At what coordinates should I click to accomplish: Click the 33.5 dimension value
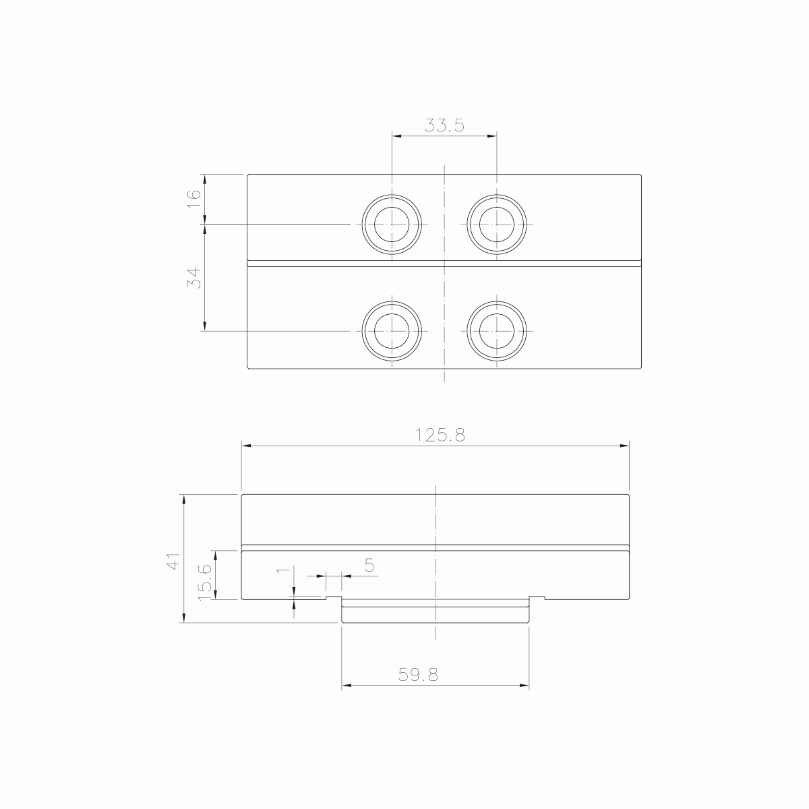click(x=444, y=125)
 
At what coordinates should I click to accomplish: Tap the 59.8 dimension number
click(x=418, y=675)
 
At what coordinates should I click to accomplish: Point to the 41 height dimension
click(x=174, y=561)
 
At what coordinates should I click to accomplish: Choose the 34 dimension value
click(x=193, y=278)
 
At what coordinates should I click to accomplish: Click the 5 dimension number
click(x=369, y=565)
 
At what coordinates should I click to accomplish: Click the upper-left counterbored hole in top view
click(x=392, y=224)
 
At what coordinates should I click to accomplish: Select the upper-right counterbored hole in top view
click(x=497, y=224)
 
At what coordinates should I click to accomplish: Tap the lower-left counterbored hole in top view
click(x=392, y=331)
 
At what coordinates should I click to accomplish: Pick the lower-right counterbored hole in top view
click(x=497, y=331)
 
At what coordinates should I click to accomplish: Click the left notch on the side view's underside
click(x=334, y=598)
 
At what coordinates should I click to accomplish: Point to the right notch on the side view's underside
click(x=537, y=598)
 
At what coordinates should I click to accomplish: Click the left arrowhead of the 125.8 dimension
click(x=247, y=446)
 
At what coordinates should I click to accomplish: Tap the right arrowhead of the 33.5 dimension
click(x=492, y=136)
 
